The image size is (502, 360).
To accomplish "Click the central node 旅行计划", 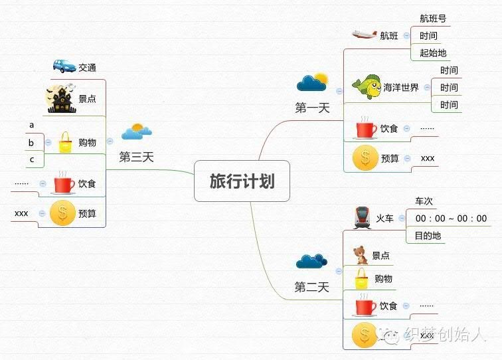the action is tap(242, 181).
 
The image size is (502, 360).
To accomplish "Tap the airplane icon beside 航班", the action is tap(364, 35).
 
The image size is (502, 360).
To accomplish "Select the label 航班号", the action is tap(433, 19).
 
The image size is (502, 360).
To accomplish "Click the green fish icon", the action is tap(367, 87).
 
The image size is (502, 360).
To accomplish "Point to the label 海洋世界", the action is tap(401, 88).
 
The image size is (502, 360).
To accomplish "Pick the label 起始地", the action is tap(433, 53).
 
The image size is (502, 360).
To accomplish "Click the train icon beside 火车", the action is tap(362, 217).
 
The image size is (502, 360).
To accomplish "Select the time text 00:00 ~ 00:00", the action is tap(451, 219).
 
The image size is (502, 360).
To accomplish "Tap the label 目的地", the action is tap(428, 236).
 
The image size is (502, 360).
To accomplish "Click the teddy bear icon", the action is tap(361, 255).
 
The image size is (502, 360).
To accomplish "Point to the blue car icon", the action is tap(64, 66).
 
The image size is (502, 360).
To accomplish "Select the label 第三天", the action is tap(136, 157).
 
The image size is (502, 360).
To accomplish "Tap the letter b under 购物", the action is tap(31, 143).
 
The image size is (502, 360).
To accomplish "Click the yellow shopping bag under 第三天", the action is tap(65, 142).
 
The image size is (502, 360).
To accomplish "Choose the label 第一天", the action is tap(313, 108).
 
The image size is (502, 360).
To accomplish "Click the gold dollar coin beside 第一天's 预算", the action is tap(365, 157).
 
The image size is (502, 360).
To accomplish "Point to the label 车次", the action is tap(424, 201).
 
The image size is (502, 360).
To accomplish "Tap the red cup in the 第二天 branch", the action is tap(366, 306).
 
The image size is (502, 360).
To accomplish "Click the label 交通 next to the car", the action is tap(87, 68).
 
